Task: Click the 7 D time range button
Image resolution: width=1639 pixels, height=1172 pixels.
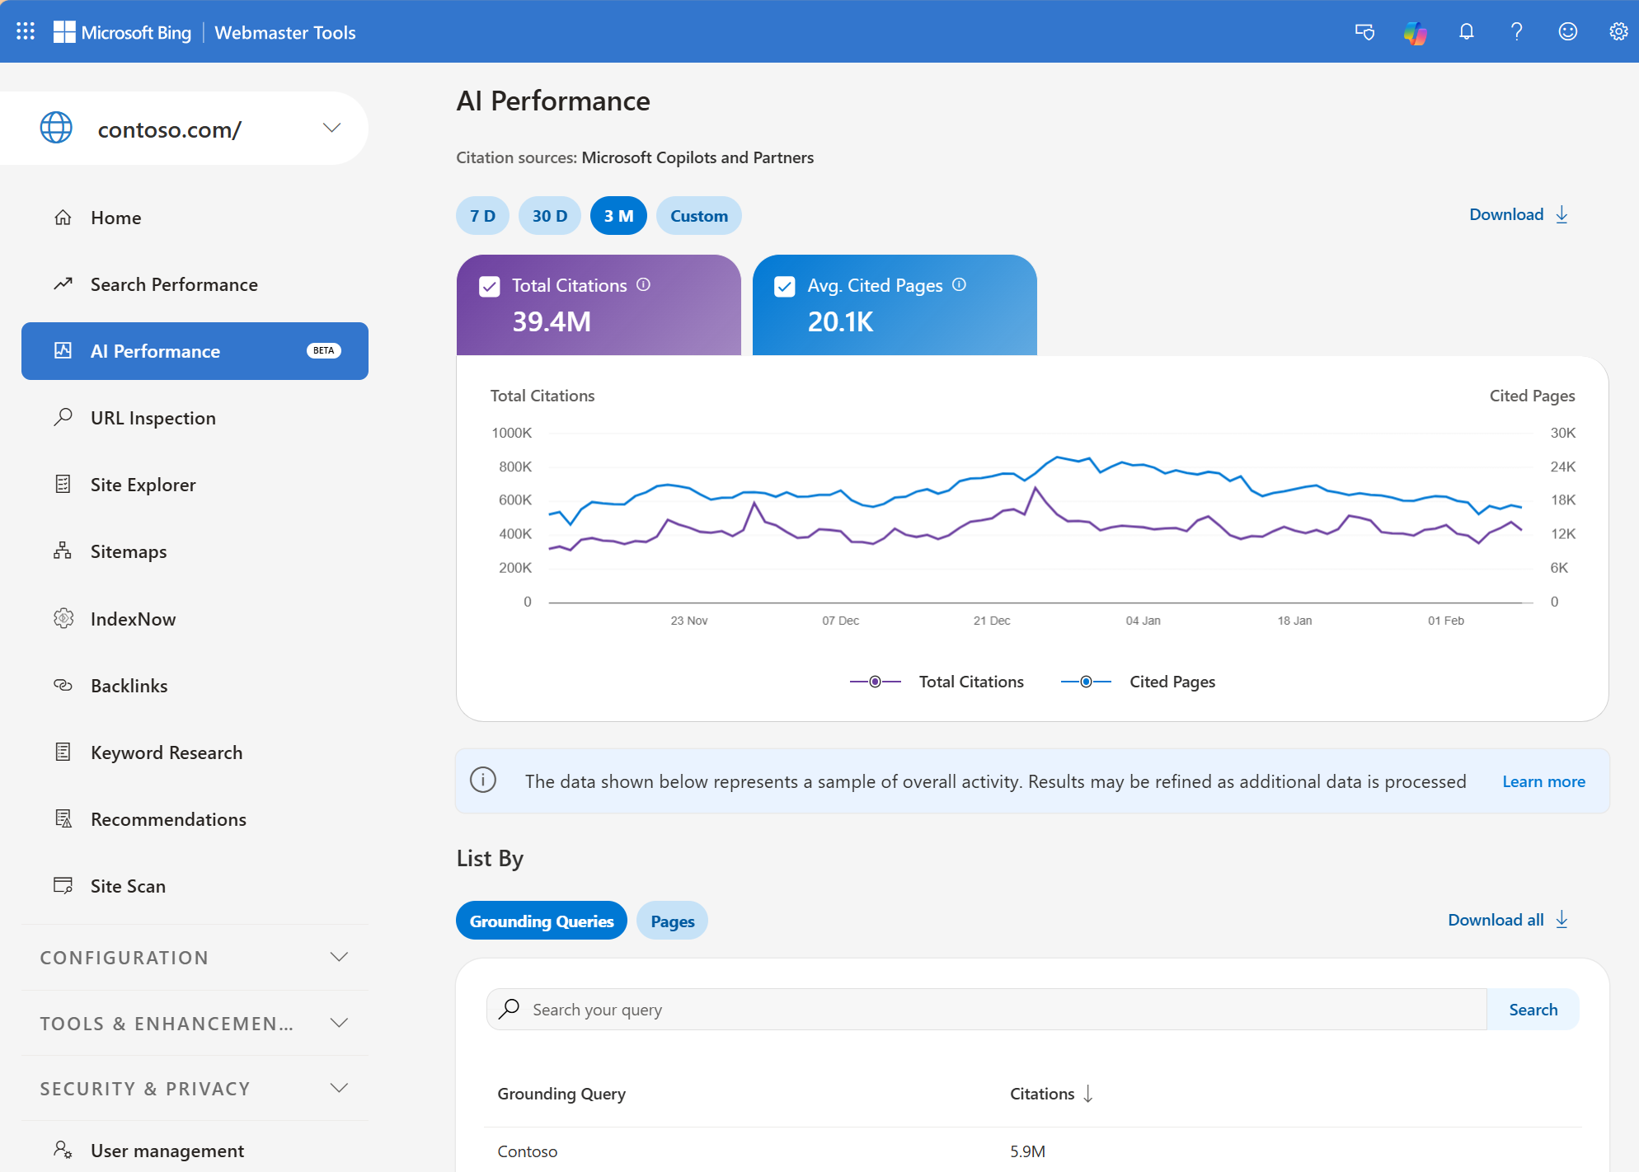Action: click(482, 216)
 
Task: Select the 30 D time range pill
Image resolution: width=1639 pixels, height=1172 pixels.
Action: click(549, 216)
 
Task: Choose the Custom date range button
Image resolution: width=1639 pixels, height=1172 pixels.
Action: click(698, 216)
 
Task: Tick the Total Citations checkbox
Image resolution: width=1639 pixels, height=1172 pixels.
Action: click(490, 286)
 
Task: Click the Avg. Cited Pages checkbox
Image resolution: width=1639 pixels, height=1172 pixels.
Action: click(785, 286)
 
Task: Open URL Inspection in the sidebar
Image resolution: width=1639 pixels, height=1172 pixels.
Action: click(153, 418)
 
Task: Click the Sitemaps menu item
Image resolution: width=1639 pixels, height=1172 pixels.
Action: click(128, 551)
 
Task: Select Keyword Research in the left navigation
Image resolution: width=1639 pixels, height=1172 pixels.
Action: click(166, 752)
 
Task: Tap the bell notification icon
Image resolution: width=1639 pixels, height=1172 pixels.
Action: click(1466, 32)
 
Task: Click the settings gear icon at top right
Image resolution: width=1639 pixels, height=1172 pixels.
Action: click(1618, 32)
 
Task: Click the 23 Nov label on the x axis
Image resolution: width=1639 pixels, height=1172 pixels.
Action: click(688, 621)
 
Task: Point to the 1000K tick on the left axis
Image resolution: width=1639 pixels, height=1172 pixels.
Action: click(511, 433)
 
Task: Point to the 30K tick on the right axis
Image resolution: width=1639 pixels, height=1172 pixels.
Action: click(1562, 433)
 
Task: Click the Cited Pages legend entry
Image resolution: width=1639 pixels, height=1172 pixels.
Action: click(1172, 682)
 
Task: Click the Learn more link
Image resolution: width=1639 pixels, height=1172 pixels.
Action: click(1543, 781)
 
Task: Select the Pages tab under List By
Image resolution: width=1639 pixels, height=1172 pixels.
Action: click(672, 921)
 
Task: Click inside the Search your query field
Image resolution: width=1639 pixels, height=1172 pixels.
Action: click(989, 1010)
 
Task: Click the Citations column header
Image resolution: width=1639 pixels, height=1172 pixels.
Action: click(1042, 1094)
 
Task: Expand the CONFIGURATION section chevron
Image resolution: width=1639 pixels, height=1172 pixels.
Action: click(339, 957)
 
